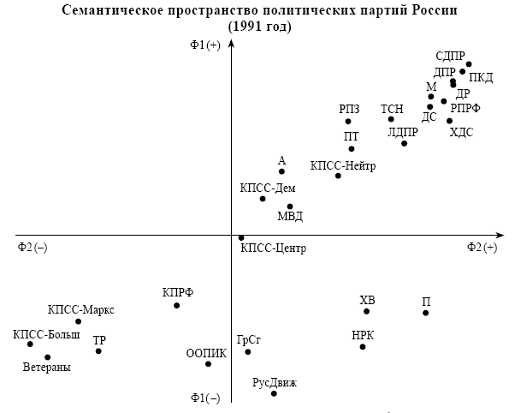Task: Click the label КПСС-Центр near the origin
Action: pos(273,248)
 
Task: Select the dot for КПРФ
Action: pos(177,306)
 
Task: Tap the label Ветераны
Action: pos(47,368)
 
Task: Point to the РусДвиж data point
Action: pos(274,393)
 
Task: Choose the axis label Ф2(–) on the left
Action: pos(33,247)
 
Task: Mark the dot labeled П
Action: pos(426,313)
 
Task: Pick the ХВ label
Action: pos(367,300)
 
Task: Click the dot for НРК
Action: pos(363,346)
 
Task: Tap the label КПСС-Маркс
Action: pos(81,309)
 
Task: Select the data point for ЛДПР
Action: pos(405,143)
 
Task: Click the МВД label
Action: pos(291,217)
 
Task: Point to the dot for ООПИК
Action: pos(208,364)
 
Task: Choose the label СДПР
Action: pos(451,57)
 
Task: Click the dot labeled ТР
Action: pos(99,350)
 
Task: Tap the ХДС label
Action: pos(461,132)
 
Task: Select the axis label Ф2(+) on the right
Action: pos(482,247)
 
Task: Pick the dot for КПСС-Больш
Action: pos(30,344)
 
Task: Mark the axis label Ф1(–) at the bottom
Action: pos(205,398)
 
